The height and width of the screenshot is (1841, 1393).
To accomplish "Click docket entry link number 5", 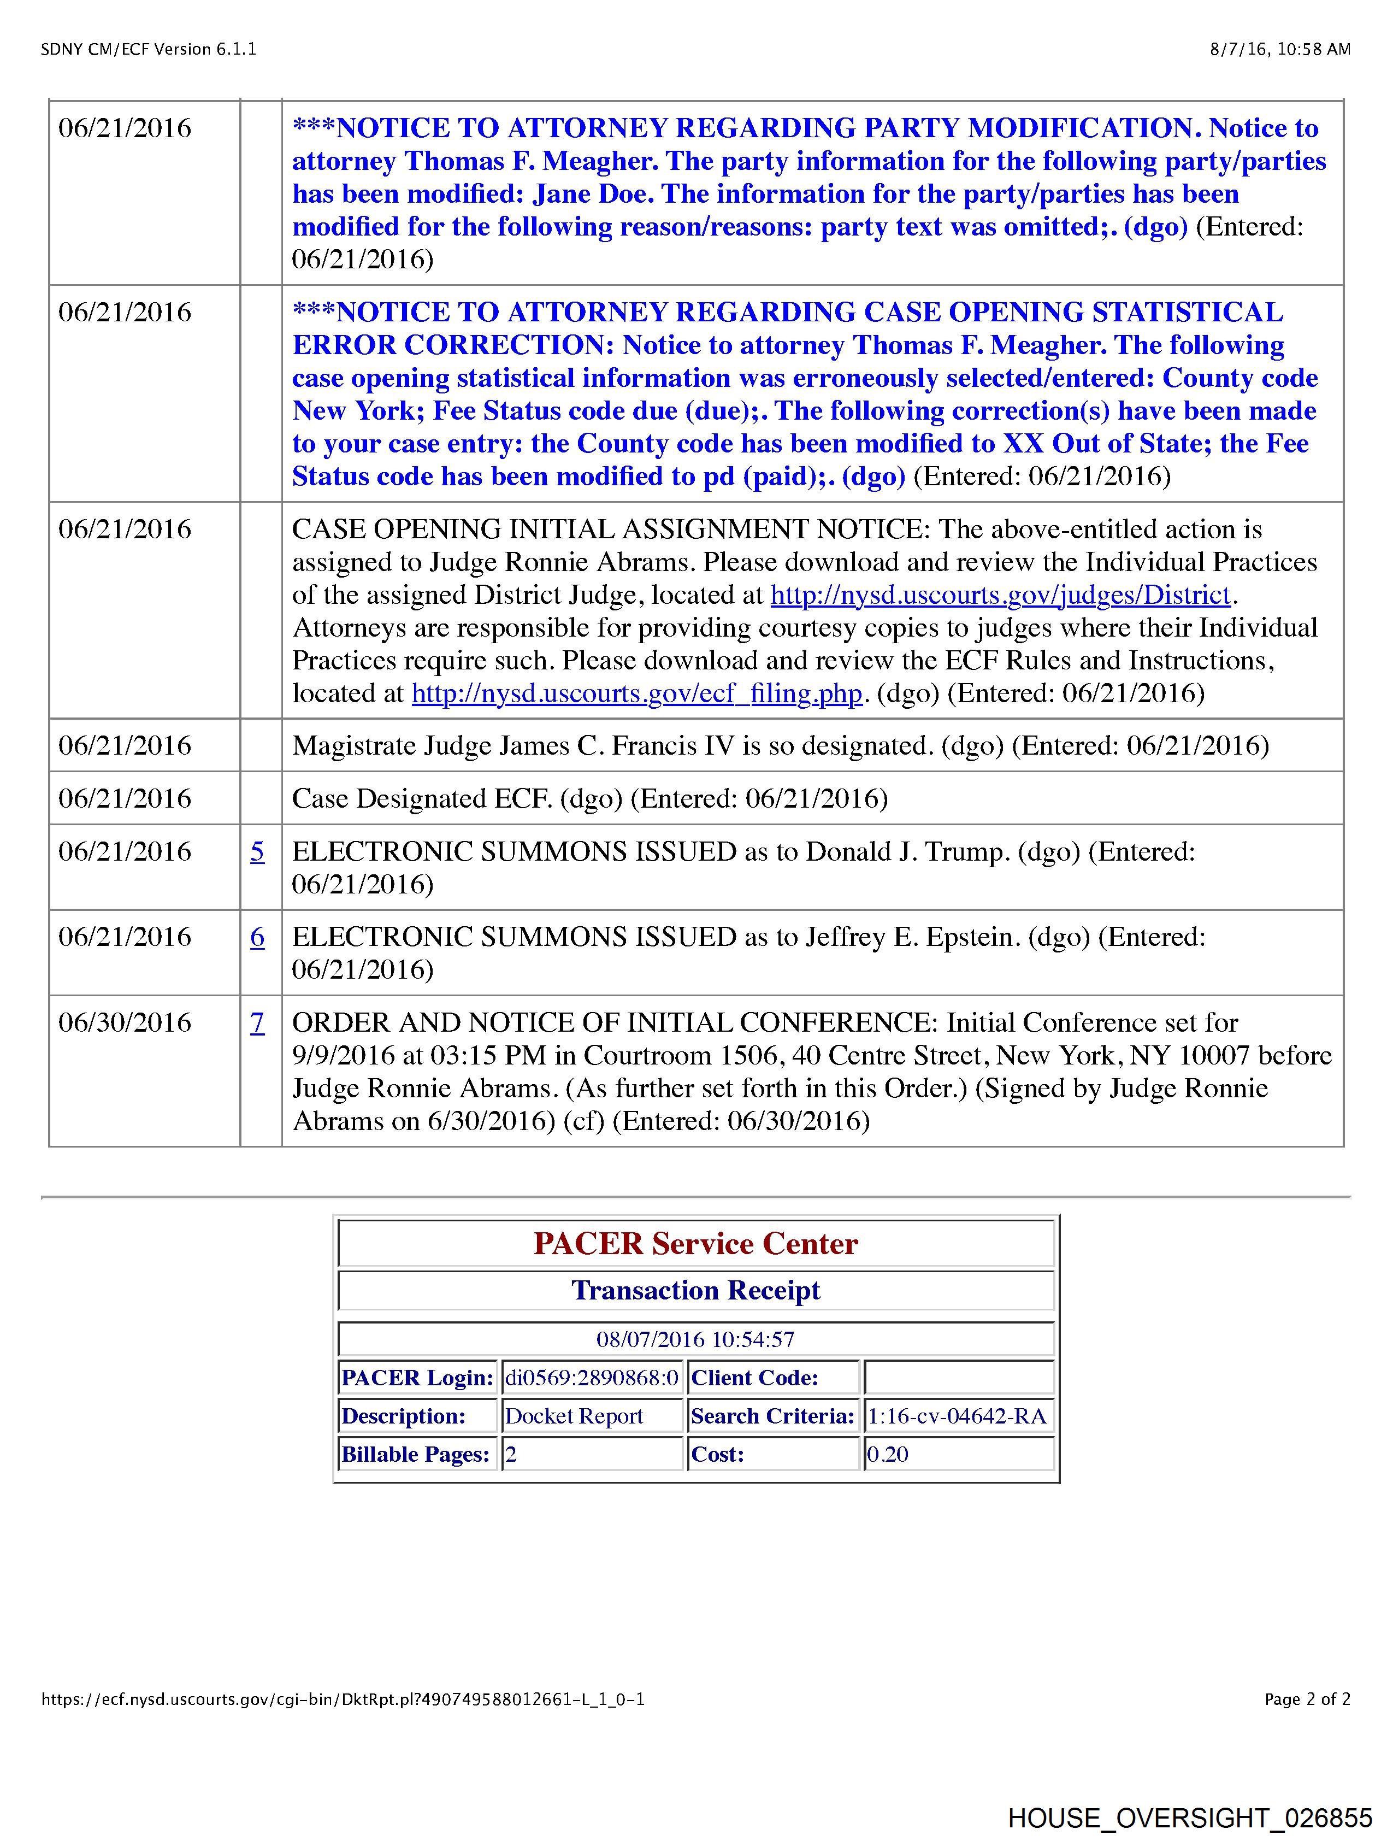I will pyautogui.click(x=258, y=851).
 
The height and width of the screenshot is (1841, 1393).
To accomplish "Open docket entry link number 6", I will pyautogui.click(x=258, y=937).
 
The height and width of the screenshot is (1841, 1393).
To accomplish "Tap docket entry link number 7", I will pyautogui.click(x=258, y=1023).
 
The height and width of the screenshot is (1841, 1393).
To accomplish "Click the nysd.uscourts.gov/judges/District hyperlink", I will pyautogui.click(x=1000, y=595).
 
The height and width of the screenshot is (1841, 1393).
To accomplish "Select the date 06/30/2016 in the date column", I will pyautogui.click(x=125, y=1023).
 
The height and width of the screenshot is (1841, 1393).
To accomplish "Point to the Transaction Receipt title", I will pyautogui.click(x=695, y=1291).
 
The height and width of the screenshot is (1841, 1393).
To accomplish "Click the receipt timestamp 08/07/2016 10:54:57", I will pyautogui.click(x=695, y=1339).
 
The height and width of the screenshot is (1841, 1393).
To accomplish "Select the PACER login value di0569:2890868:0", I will pyautogui.click(x=592, y=1378).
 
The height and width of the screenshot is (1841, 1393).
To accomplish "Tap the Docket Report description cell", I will pyautogui.click(x=574, y=1416).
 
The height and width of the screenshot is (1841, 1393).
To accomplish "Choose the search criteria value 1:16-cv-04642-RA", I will pyautogui.click(x=957, y=1416).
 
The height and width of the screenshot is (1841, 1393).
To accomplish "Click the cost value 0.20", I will pyautogui.click(x=888, y=1455).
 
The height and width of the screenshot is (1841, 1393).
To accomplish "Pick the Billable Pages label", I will pyautogui.click(x=416, y=1455).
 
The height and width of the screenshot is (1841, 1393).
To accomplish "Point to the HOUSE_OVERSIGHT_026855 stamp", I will pyautogui.click(x=1190, y=1817).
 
